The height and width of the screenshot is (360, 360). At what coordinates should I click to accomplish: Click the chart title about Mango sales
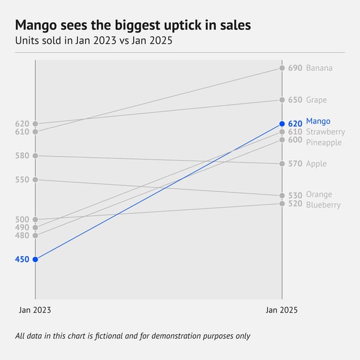(x=133, y=26)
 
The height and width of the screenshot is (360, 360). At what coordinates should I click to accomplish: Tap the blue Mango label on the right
(x=318, y=121)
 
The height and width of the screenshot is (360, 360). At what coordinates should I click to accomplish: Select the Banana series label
(x=319, y=68)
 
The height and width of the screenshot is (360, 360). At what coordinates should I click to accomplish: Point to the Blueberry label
(x=323, y=205)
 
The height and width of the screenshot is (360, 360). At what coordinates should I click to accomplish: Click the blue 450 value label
(x=22, y=259)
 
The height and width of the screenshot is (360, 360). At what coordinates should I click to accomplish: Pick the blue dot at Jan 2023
(x=35, y=259)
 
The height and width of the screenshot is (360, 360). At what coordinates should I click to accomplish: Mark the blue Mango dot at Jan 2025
(x=282, y=124)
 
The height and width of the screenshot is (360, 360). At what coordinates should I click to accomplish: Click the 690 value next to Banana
(x=295, y=68)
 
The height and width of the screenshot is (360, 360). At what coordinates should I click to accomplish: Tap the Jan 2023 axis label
(x=35, y=310)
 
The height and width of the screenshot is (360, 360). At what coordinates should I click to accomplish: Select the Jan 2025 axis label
(x=281, y=310)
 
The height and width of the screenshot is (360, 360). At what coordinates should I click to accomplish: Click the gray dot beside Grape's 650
(x=282, y=100)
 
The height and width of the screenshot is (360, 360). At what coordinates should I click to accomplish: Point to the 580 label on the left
(x=22, y=156)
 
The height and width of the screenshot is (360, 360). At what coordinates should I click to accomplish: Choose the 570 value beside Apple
(x=295, y=164)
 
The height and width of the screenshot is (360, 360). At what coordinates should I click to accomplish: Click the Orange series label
(x=319, y=195)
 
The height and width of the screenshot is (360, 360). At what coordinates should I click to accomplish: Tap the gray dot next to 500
(x=35, y=220)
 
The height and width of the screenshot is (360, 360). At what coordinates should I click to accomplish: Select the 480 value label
(x=22, y=236)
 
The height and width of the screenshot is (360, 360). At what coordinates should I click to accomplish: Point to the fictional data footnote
(x=133, y=336)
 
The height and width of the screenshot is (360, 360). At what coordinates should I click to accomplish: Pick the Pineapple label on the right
(x=323, y=143)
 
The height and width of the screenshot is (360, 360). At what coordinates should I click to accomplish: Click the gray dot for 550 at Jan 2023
(x=35, y=180)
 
